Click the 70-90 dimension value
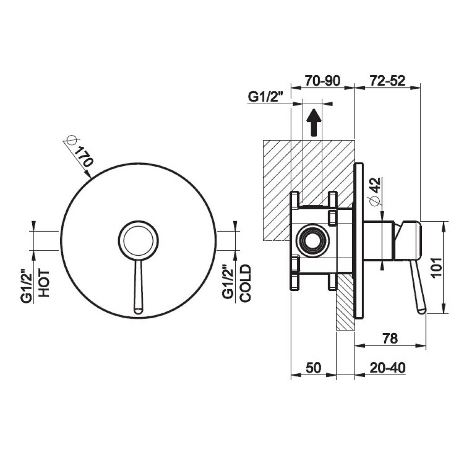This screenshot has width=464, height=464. click(323, 81)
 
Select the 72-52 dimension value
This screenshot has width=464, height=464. click(387, 81)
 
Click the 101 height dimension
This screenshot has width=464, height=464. click(437, 267)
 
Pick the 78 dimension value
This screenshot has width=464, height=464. click(390, 338)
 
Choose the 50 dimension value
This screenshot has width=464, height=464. click(314, 368)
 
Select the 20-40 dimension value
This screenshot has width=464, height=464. click(387, 368)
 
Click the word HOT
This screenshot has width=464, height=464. click(44, 283)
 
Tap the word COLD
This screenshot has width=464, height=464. click(245, 283)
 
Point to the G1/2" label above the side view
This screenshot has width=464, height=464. click(266, 97)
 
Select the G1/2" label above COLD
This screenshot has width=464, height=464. click(228, 285)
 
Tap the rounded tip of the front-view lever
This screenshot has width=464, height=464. click(138, 311)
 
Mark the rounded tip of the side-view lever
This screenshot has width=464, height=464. click(421, 310)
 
